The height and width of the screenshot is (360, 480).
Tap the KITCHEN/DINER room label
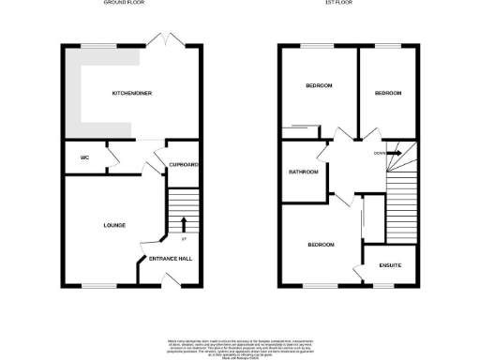coord(132,94)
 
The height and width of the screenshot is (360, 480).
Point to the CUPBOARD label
coord(184,165)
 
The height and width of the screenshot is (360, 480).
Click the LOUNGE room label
coord(115,225)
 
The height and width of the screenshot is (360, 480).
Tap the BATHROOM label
coord(304,172)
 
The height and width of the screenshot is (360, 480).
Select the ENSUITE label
coord(391,265)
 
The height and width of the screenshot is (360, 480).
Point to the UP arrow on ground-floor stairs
coord(183,223)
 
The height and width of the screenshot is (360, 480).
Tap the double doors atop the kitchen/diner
coord(166,40)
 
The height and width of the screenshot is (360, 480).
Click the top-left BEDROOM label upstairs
coord(320,87)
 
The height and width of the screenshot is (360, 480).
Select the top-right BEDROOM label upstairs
coord(388,94)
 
